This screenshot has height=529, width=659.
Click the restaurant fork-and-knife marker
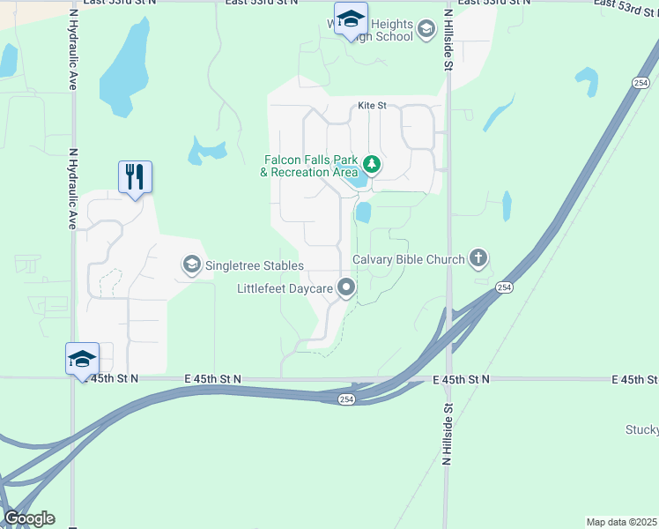tap(135, 176)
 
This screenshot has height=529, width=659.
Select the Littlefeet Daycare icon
tap(348, 287)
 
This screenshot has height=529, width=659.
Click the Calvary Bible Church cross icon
tap(478, 258)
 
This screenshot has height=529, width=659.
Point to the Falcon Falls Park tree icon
tap(372, 164)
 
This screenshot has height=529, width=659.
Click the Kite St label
tap(372, 106)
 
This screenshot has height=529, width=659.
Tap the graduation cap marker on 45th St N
tap(82, 358)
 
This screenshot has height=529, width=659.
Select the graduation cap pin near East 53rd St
tap(351, 19)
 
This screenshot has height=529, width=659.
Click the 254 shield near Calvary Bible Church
tap(503, 287)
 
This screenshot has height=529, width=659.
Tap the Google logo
tap(29, 518)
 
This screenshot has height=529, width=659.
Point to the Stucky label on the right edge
tap(643, 430)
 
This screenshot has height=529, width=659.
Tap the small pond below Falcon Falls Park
tap(363, 212)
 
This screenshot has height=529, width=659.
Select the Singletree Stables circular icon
tap(191, 264)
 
